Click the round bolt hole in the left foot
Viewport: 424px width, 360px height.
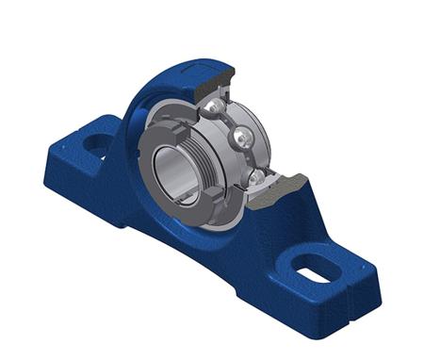pos(97,144)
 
